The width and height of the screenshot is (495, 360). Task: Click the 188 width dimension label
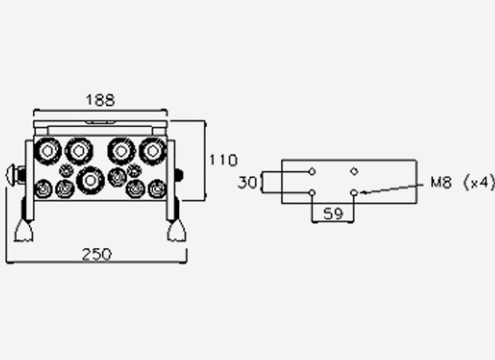[101, 100]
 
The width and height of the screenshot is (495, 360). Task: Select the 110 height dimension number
[223, 161]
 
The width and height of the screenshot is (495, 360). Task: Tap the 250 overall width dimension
[97, 255]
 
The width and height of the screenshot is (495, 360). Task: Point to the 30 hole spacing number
[247, 183]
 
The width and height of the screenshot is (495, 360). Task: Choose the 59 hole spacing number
[333, 214]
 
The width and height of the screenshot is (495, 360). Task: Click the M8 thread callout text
[441, 183]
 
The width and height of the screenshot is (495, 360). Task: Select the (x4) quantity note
[479, 183]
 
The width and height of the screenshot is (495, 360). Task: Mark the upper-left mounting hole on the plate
[312, 172]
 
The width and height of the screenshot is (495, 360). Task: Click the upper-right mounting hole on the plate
[354, 171]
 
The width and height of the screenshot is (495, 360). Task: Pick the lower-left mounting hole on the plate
[312, 193]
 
